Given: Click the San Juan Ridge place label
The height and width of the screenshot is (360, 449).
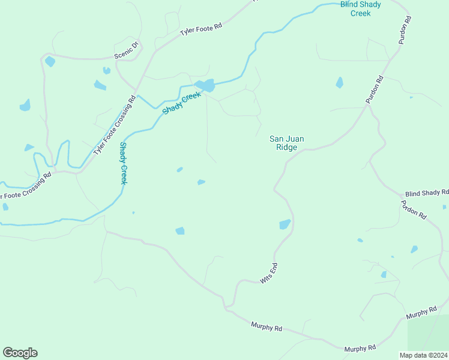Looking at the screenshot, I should tap(286, 143).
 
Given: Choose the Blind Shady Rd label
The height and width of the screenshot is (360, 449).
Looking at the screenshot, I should tap(427, 193).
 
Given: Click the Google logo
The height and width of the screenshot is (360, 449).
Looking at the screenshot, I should tap(20, 353).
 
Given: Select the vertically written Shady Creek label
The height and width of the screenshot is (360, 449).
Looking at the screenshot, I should tap(123, 163).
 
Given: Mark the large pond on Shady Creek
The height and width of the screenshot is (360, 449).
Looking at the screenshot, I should tap(206, 86).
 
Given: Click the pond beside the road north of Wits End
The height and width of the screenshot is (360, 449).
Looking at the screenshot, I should tap(285, 224).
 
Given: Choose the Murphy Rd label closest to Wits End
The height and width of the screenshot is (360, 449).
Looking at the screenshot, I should tap(266, 328).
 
